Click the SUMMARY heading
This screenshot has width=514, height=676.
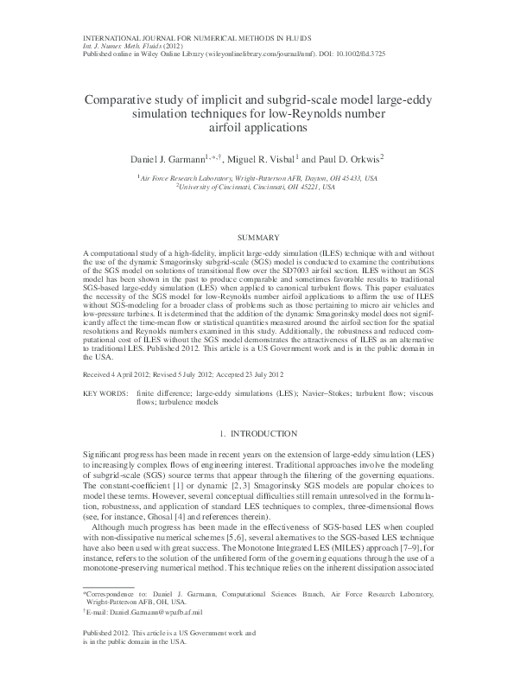click(257, 236)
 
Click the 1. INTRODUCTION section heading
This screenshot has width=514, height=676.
click(257, 432)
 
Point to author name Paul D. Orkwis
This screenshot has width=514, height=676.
click(348, 160)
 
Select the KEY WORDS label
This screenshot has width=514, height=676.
click(102, 392)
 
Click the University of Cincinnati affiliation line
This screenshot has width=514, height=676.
click(257, 185)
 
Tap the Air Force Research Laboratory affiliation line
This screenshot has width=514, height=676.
click(257, 176)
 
